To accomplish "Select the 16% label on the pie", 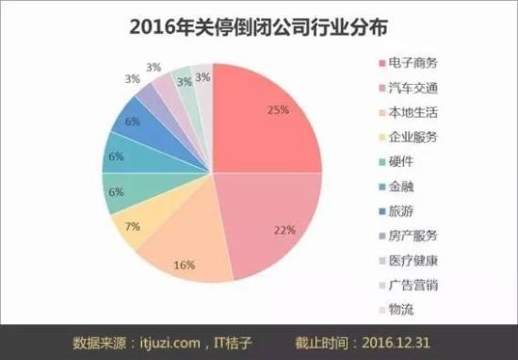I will pos(184,266).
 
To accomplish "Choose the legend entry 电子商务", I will pos(413,63).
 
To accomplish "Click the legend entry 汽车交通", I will pos(413,88).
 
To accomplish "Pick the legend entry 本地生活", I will pos(413,112).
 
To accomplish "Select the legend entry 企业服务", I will pos(413,137).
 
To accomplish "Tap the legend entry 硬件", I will pos(401,162).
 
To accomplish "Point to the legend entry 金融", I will pos(401,187).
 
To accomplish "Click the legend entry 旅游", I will pos(401,211).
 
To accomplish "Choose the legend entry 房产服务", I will pos(413,236).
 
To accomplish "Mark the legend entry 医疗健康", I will pos(413,260).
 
